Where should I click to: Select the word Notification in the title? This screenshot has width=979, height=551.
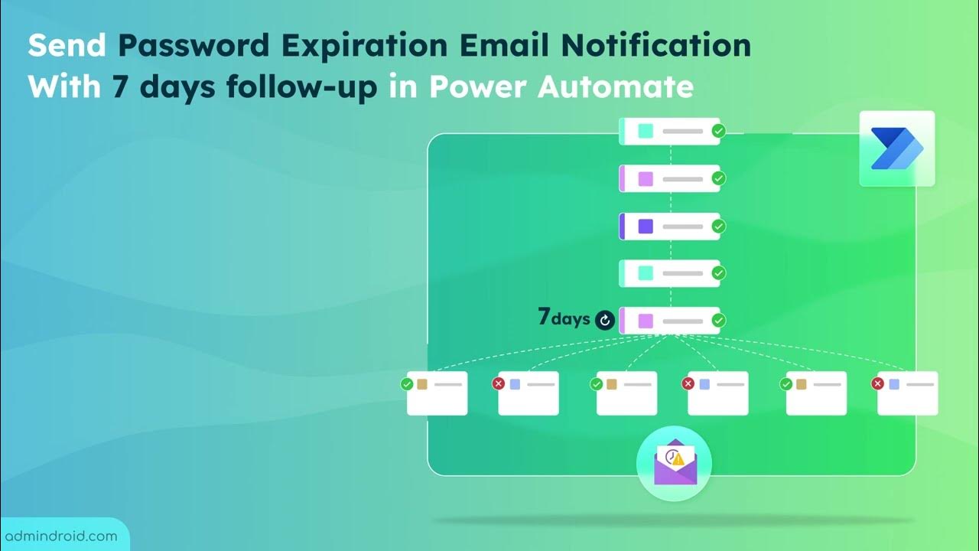655,46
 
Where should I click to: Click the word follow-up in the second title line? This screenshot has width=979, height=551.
302,87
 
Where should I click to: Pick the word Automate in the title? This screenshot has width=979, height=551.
616,87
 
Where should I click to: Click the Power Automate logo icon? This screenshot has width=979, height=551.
896,148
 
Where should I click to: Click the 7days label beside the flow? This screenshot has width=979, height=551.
564,318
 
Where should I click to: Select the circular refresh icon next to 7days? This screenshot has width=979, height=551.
605,320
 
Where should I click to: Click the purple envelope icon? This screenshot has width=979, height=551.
674,464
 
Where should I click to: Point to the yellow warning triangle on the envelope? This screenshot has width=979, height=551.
678,458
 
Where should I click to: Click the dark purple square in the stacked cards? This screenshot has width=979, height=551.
646,227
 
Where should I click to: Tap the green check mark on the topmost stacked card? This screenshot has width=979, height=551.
718,131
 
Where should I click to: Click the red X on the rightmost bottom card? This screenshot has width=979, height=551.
878,383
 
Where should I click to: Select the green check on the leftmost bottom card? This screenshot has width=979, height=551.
407,383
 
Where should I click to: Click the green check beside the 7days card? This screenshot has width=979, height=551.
718,321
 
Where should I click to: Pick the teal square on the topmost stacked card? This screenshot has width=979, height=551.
646,131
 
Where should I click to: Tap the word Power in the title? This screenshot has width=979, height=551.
479,87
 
